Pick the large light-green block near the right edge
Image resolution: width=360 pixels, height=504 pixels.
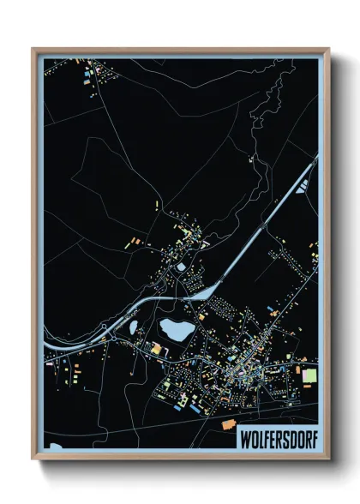309,375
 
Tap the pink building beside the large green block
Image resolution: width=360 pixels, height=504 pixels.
300,375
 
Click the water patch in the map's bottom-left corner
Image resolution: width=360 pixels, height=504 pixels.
56,447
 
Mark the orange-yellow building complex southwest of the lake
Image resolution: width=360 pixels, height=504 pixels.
157,346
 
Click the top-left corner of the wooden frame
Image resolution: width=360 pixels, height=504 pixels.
33,49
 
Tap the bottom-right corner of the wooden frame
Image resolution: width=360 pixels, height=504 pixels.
329,459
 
